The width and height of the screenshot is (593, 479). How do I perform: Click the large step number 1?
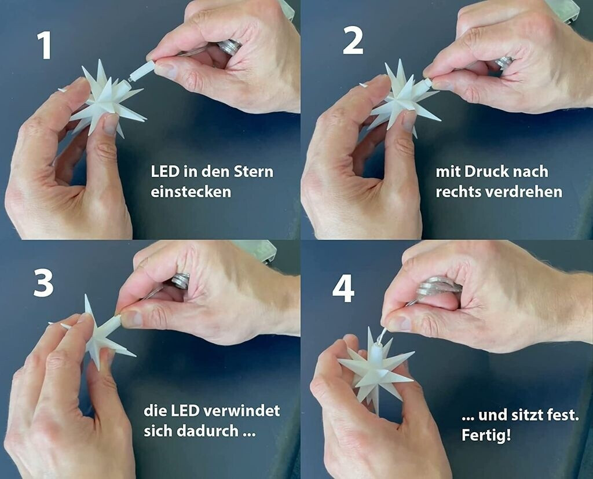pyautogui.click(x=45, y=46)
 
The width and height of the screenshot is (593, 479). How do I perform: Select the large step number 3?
pyautogui.click(x=43, y=283)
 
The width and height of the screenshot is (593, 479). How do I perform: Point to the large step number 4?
pyautogui.click(x=343, y=289)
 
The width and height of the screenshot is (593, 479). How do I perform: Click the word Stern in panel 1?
pyautogui.click(x=254, y=172)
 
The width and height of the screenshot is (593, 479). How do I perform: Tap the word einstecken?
pyautogui.click(x=191, y=191)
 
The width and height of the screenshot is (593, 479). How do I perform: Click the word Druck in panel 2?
pyautogui.click(x=487, y=172)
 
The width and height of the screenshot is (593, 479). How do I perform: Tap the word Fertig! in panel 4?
pyautogui.click(x=486, y=435)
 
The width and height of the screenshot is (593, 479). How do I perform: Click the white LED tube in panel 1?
pyautogui.click(x=141, y=72)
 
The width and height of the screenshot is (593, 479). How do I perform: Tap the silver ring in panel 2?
pyautogui.click(x=505, y=62)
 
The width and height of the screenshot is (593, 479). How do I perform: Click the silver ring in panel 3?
pyautogui.click(x=181, y=281)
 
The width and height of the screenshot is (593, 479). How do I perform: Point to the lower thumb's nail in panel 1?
pyautogui.click(x=111, y=124)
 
